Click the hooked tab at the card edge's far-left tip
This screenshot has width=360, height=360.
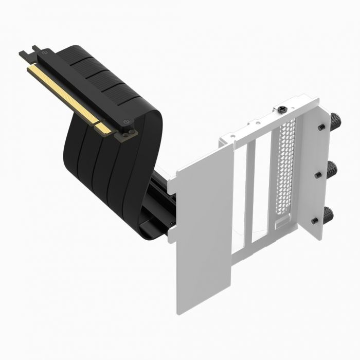[23, 52]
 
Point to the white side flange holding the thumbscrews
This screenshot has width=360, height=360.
[310, 165]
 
